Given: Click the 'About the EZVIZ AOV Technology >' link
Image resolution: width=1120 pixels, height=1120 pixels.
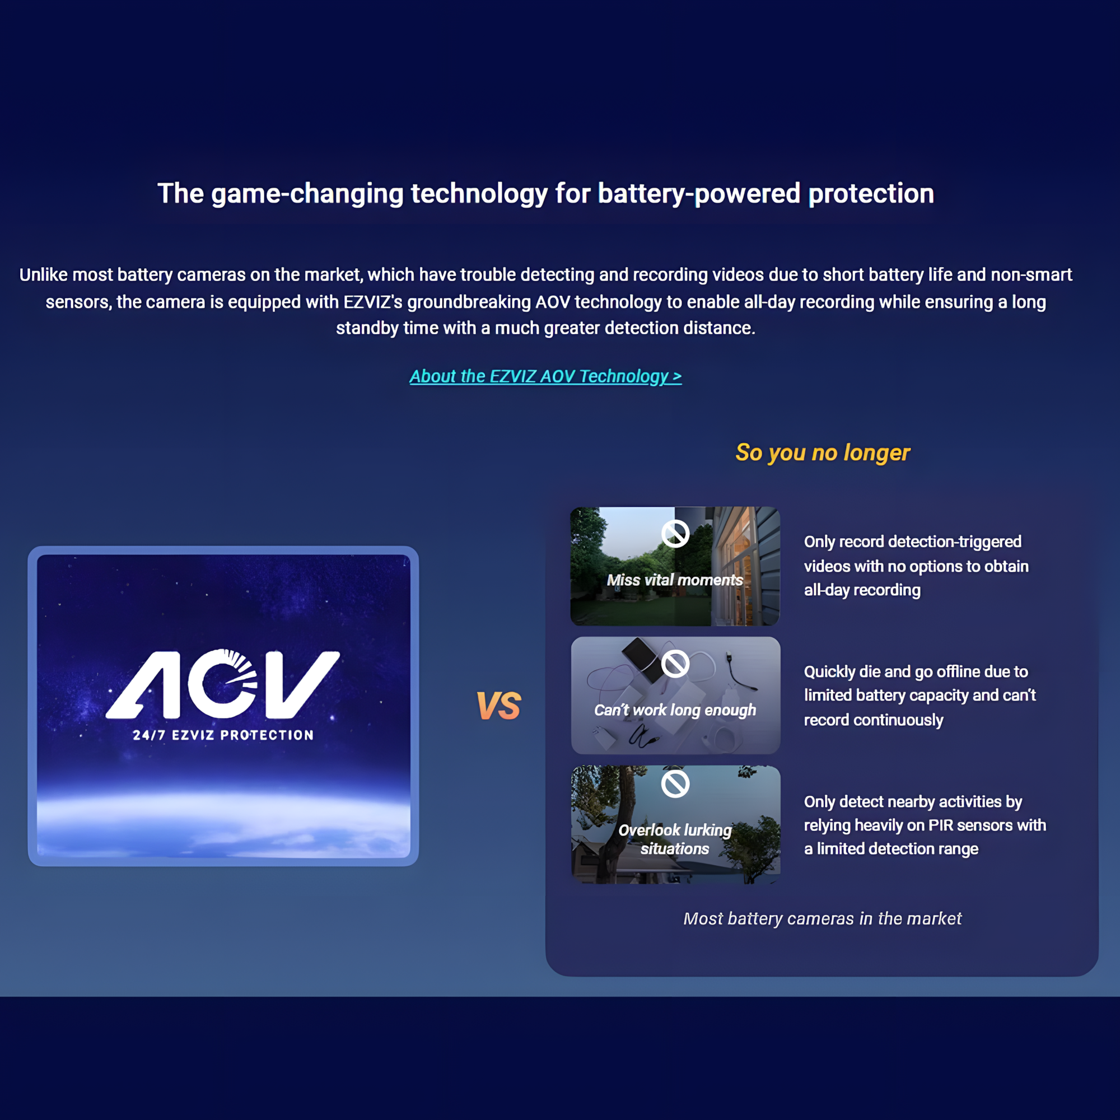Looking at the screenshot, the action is point(545,376).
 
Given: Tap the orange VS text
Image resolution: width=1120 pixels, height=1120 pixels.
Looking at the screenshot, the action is point(498,706).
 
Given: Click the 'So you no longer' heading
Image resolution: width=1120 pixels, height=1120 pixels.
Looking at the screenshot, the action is point(823,452).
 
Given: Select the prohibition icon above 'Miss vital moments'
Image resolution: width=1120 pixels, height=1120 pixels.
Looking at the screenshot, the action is point(675,533).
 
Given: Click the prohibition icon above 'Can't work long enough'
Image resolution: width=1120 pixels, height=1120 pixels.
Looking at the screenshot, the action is point(675,664).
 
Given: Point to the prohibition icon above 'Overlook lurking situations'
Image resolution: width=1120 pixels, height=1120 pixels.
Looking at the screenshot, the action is point(675,784).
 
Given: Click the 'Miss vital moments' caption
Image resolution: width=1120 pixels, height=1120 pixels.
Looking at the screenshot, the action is point(675,580).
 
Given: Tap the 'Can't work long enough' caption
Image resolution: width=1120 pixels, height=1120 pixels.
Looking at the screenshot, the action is point(675,710).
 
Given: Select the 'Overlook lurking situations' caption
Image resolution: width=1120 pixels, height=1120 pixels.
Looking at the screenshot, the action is point(675,839).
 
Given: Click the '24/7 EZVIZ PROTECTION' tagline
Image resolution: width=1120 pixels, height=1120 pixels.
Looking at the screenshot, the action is point(223,735).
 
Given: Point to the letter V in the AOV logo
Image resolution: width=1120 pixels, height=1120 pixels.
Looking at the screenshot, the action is point(302,685).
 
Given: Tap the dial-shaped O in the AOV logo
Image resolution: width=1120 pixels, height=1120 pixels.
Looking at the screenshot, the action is point(223,685).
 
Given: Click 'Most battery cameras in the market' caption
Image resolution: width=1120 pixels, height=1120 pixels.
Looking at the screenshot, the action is point(823,918).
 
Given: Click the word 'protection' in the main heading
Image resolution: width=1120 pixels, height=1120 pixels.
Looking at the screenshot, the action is point(871,194).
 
